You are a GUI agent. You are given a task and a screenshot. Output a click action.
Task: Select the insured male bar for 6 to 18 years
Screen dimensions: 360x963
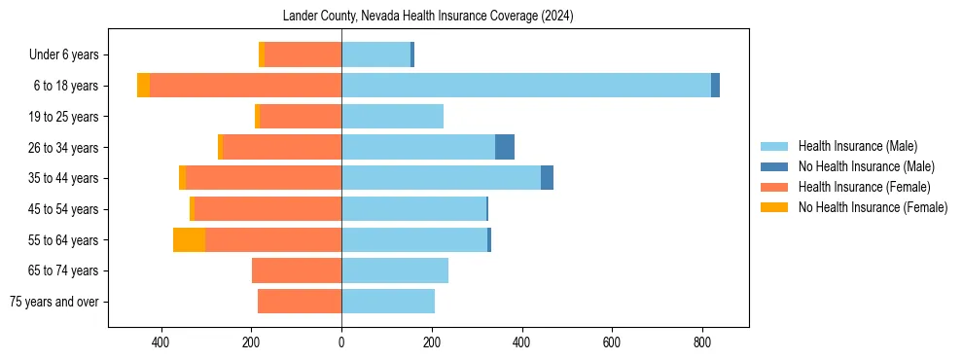525,86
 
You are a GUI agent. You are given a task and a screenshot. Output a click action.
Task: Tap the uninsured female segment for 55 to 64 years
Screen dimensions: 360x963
189,239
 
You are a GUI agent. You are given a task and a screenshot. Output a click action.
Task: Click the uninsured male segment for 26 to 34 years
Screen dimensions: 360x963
505,147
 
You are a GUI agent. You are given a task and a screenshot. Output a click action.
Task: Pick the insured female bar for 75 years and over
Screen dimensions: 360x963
300,302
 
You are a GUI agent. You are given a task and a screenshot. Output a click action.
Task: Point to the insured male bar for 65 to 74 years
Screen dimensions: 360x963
395,270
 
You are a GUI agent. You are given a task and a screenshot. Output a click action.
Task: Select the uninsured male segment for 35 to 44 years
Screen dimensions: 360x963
547,178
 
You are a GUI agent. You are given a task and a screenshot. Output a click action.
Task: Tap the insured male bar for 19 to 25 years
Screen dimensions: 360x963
392,117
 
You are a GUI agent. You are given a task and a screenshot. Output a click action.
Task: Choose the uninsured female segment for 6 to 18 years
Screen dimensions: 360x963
143,86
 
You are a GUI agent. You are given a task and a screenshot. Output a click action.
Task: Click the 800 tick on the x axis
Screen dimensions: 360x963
702,342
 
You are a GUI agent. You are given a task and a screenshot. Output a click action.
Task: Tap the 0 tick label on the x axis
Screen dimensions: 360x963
341,342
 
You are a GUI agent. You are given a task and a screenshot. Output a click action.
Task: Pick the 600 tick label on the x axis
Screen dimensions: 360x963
612,342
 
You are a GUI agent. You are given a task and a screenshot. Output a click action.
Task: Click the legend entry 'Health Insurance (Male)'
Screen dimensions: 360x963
857,146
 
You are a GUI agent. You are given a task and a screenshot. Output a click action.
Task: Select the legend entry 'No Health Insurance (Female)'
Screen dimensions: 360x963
873,207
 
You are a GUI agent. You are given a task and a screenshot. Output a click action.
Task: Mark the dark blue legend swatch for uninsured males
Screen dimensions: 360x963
775,166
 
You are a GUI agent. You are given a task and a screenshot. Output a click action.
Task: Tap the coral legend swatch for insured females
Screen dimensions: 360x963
775,187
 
